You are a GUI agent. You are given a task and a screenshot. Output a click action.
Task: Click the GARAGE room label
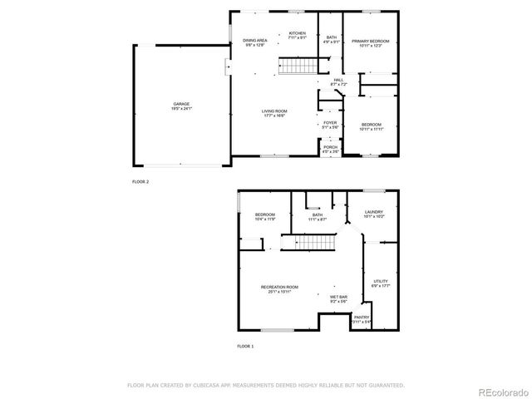click(x=182, y=104)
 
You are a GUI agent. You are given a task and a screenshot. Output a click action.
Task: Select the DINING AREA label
click(x=255, y=40)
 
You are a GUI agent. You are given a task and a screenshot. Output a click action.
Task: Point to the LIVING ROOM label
click(x=274, y=113)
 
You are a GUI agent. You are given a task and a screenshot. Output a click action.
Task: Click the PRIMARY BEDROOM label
click(x=370, y=40)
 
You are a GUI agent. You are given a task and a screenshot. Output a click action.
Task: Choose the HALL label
click(x=338, y=80)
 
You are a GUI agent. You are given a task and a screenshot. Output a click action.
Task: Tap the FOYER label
click(x=330, y=122)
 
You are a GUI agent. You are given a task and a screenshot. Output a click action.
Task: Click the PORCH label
click(x=330, y=147)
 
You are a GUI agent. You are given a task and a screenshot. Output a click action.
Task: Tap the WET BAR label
click(x=338, y=297)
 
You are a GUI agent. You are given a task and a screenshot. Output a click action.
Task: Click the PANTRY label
click(x=362, y=317)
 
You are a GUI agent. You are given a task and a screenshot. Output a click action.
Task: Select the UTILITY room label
click(x=381, y=282)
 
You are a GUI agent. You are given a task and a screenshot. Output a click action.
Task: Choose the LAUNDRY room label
click(x=374, y=212)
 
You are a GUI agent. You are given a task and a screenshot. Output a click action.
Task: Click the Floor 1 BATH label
click(x=318, y=214)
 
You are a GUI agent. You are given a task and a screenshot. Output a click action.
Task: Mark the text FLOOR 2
click(x=140, y=180)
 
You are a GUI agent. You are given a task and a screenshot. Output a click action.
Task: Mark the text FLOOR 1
click(x=245, y=345)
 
